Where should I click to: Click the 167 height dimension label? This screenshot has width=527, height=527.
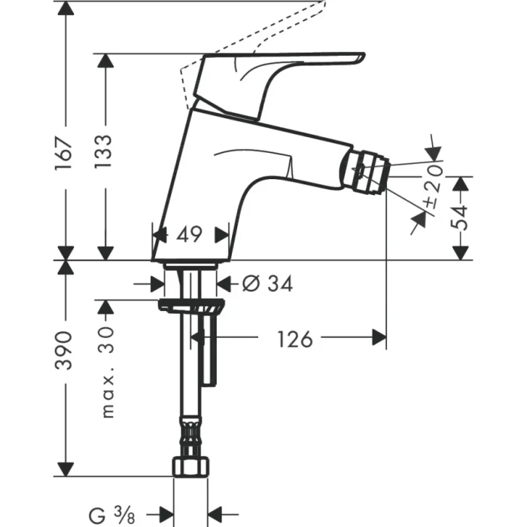(x=67, y=154)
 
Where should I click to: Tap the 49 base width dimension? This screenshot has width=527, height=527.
(x=190, y=235)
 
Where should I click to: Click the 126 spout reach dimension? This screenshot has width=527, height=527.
(x=294, y=340)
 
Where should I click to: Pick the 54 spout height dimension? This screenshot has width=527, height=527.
(x=461, y=218)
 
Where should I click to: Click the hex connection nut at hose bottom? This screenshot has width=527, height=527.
(x=190, y=466)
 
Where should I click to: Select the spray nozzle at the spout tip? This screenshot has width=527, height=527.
(x=370, y=171)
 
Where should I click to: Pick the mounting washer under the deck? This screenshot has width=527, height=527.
(x=190, y=304)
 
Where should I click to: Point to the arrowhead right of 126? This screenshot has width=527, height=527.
(x=379, y=340)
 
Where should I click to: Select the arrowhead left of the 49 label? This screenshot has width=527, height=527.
(x=160, y=235)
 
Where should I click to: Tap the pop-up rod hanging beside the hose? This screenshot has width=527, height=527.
(x=209, y=354)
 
